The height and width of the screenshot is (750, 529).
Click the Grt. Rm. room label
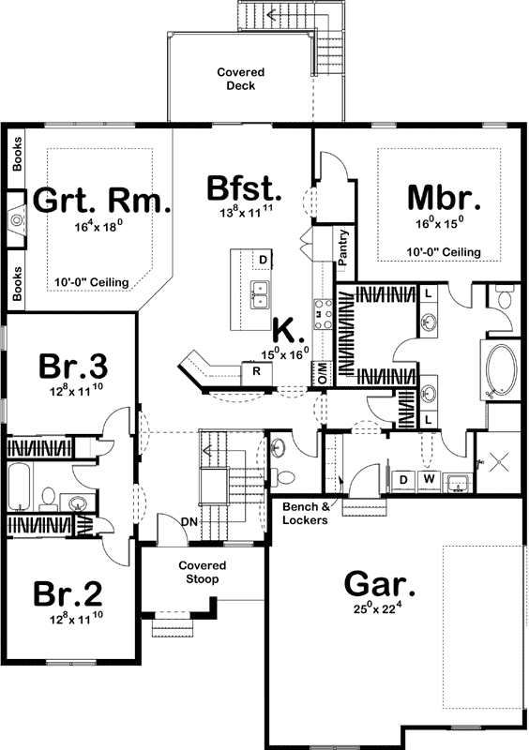[102, 202]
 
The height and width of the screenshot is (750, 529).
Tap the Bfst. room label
[246, 187]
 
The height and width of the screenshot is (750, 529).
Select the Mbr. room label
[444, 199]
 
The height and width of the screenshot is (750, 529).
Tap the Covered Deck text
[241, 79]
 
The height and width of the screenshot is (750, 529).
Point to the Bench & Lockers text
[305, 514]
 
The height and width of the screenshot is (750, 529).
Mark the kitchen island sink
[260, 292]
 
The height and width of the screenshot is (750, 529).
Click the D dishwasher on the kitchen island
[264, 259]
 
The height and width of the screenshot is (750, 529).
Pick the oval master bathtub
[499, 371]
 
